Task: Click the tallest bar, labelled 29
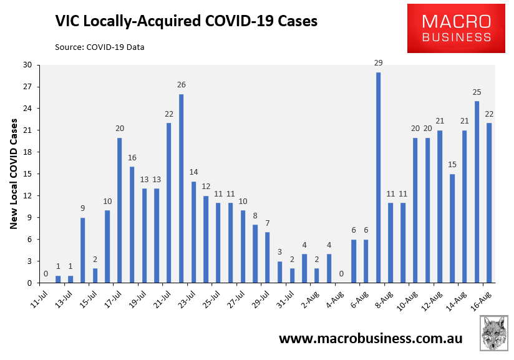tap(379, 177)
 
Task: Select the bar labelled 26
tap(181, 188)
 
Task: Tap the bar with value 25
tap(477, 192)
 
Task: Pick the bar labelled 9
tap(82, 250)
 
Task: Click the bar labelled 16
tap(132, 225)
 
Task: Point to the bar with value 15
tap(453, 228)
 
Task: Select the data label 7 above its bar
tap(268, 223)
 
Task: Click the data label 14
tap(193, 172)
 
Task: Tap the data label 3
tap(279, 252)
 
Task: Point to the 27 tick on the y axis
tap(27, 87)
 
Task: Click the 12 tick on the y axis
tap(27, 196)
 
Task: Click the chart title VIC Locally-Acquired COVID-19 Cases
tap(187, 21)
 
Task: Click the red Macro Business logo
tap(456, 28)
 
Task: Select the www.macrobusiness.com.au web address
tap(371, 338)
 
